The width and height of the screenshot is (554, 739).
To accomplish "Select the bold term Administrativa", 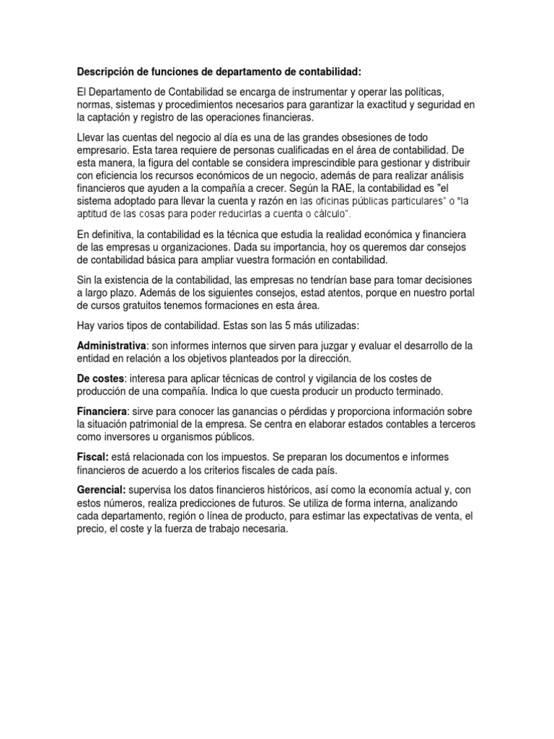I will coord(112,346).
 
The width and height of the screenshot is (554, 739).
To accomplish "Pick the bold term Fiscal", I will coord(92,457).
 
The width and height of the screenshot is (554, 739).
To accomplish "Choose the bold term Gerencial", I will coord(101,490).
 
